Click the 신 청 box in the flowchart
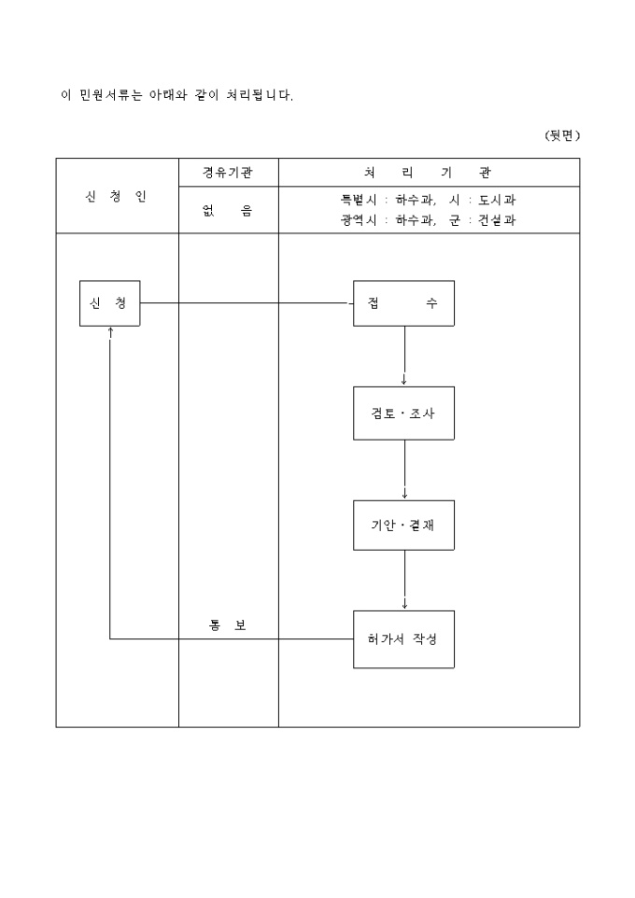(x=109, y=303)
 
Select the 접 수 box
(x=403, y=303)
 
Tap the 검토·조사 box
(x=403, y=413)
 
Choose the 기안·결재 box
(x=403, y=526)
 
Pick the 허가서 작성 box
(x=403, y=639)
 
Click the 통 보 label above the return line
(x=228, y=624)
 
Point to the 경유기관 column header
(x=228, y=173)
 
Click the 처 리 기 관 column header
(x=429, y=173)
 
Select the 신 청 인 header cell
(x=117, y=196)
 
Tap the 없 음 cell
(x=228, y=211)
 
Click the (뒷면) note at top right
(x=562, y=135)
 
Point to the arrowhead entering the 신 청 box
(x=110, y=330)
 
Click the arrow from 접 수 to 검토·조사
(x=404, y=355)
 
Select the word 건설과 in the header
(x=497, y=221)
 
